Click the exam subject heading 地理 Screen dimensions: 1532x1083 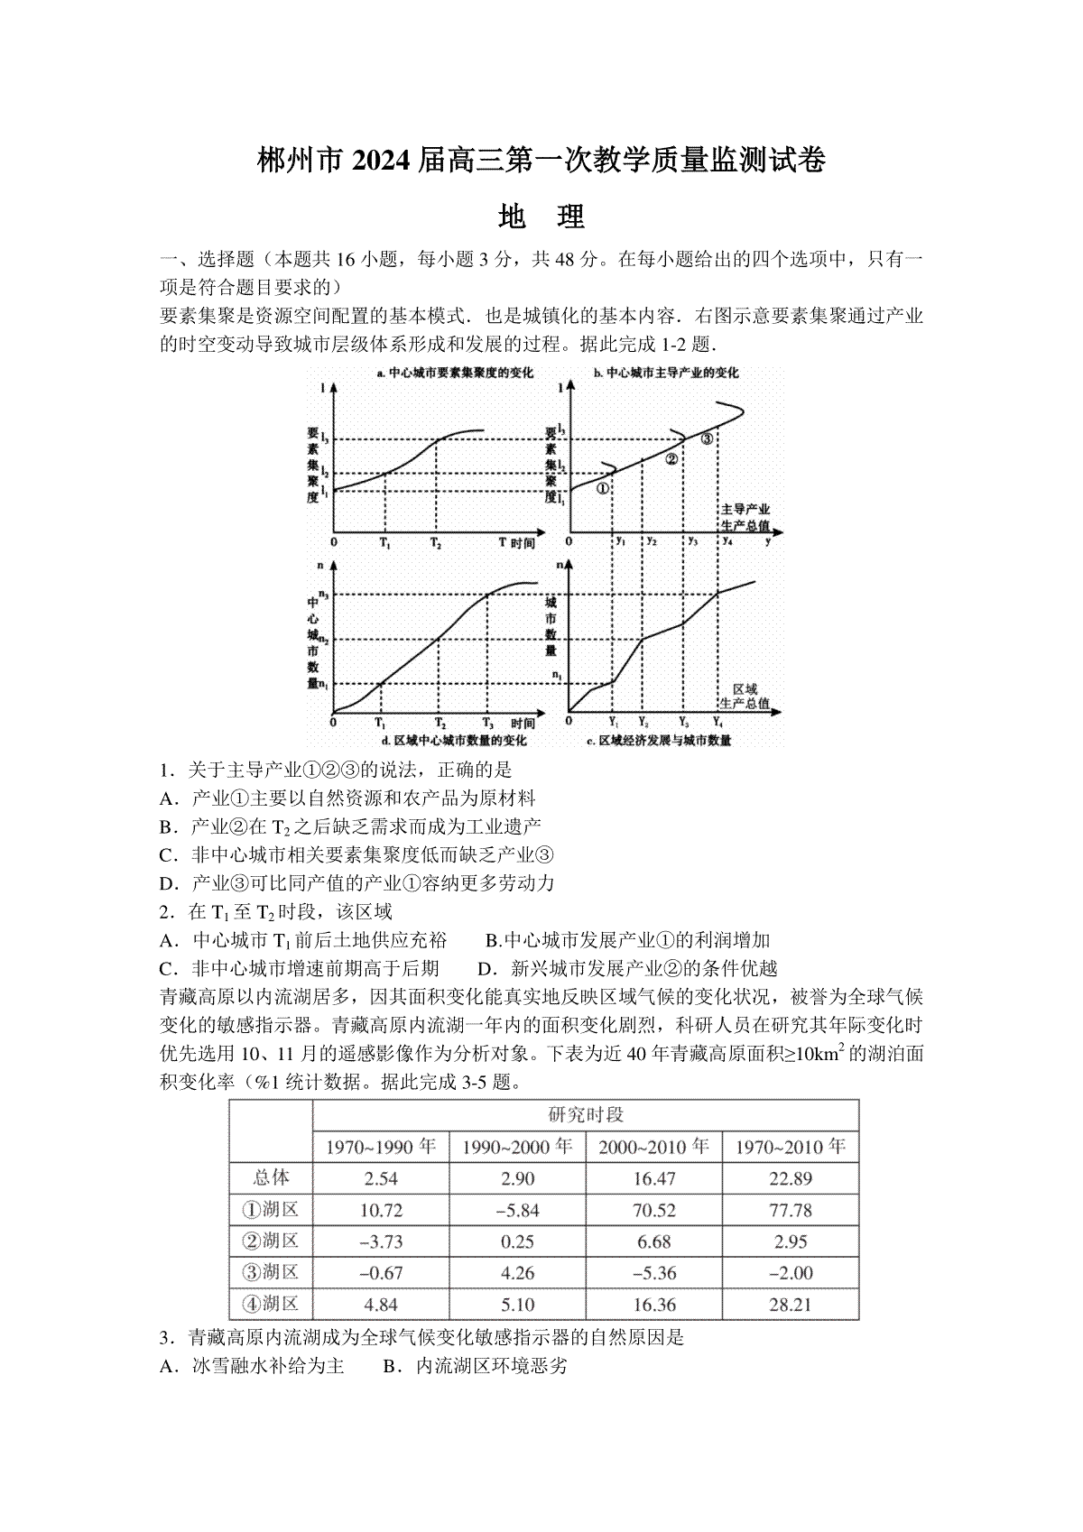tap(541, 217)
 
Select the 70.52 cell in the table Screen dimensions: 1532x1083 tap(654, 1210)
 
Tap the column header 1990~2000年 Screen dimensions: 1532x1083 tap(517, 1147)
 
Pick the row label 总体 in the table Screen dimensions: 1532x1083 tap(271, 1177)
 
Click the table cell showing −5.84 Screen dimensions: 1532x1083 tap(517, 1210)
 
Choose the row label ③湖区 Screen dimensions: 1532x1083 tap(271, 1273)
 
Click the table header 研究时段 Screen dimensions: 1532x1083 tap(586, 1114)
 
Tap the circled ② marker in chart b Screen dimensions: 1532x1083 tap(671, 458)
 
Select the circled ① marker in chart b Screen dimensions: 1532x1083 tap(602, 488)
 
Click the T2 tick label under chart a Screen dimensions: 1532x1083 tap(436, 544)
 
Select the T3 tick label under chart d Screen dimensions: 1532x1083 tap(487, 724)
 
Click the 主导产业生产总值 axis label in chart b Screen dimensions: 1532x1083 tap(745, 517)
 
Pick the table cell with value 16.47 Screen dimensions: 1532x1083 tap(654, 1178)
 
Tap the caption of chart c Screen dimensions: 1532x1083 tap(659, 740)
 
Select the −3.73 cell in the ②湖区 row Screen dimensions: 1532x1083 tap(381, 1241)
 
